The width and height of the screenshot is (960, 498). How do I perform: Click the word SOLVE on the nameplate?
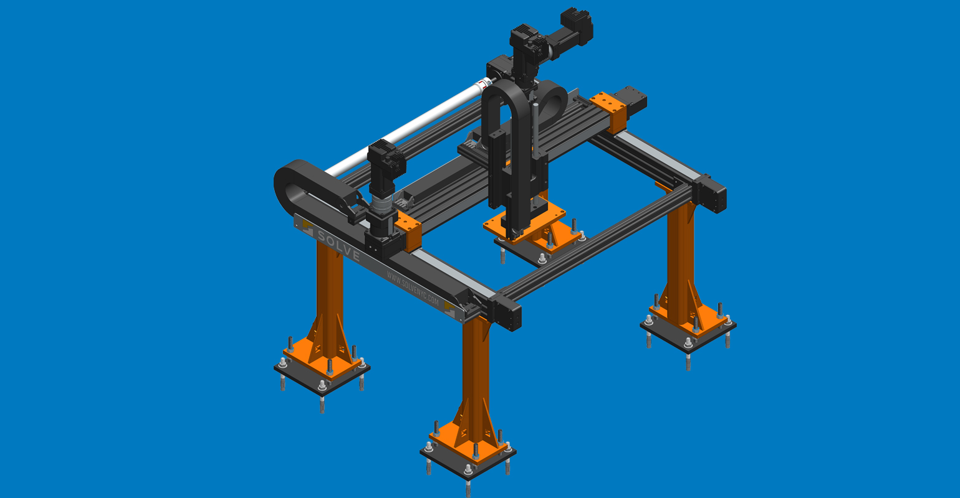pyautogui.click(x=338, y=245)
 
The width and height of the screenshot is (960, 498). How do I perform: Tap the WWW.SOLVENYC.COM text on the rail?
pyautogui.click(x=412, y=288)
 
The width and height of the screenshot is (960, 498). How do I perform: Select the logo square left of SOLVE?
pyautogui.click(x=307, y=227)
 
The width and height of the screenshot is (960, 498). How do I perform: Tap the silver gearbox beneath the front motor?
pyautogui.click(x=381, y=205)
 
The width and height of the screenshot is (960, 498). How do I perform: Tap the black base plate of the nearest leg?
pyautogui.click(x=468, y=464)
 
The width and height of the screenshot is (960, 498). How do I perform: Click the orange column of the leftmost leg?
pyautogui.click(x=329, y=286)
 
